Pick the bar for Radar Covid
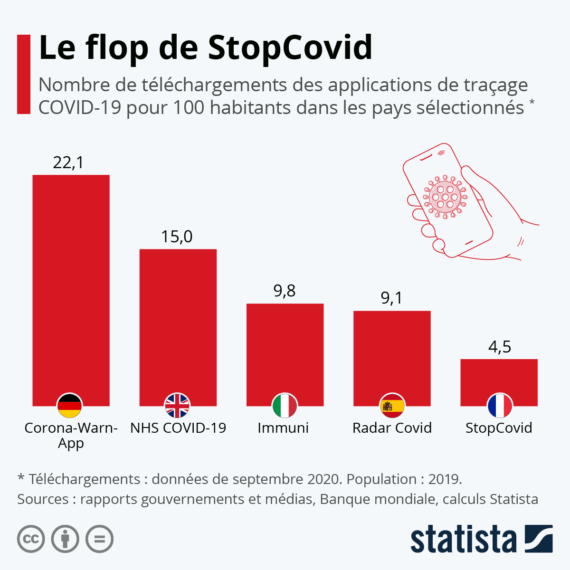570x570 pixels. (392, 351)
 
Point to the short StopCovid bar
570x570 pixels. (499, 375)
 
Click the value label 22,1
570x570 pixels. (68, 163)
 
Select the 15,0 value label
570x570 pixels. (177, 237)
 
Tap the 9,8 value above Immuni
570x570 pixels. (285, 291)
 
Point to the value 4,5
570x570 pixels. (500, 347)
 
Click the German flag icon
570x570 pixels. (69, 406)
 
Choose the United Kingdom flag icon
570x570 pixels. (177, 406)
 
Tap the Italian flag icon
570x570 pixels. (285, 406)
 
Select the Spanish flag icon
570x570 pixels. (392, 406)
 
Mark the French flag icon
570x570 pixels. (499, 406)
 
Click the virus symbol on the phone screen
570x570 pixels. (445, 197)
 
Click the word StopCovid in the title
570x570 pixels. (290, 47)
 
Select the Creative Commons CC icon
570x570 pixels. (31, 539)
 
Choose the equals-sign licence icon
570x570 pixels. (100, 539)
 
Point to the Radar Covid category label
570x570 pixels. (392, 428)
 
